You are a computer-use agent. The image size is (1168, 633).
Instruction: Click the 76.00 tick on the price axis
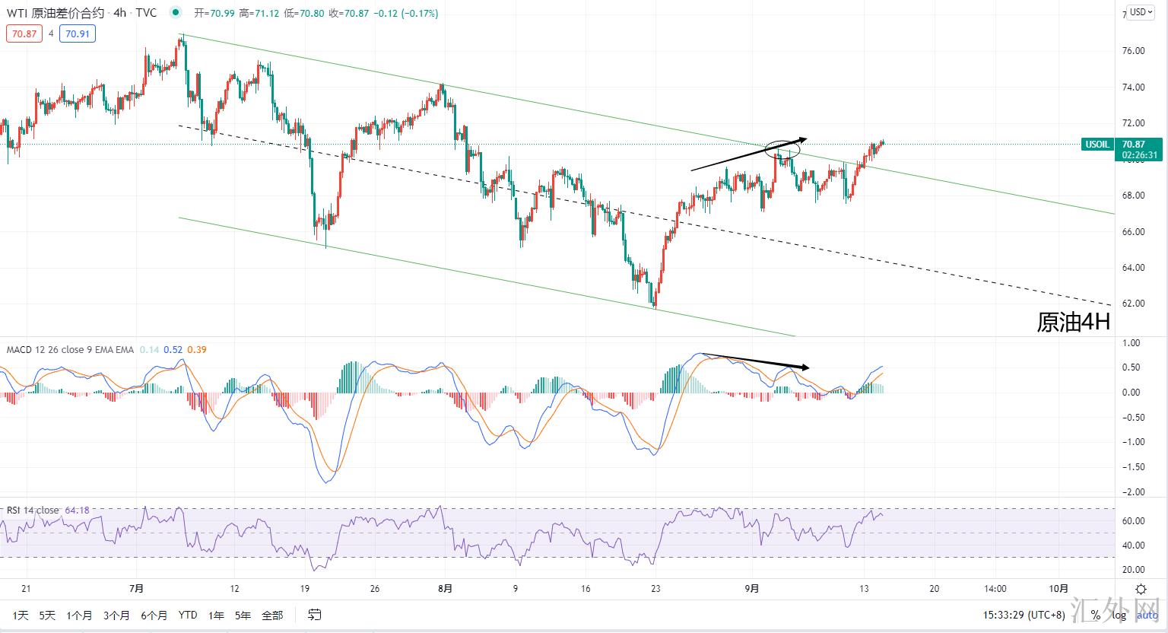[1134, 51]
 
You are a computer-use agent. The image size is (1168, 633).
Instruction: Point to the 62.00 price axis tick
[1134, 304]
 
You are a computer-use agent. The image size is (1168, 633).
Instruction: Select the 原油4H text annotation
[1073, 322]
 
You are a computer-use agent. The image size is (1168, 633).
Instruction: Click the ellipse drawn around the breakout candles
[782, 148]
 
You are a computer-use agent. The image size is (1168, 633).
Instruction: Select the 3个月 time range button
[116, 615]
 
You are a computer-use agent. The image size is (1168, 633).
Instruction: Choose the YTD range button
[188, 615]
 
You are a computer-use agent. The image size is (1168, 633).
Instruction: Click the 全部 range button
[271, 615]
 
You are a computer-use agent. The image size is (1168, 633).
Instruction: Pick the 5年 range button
[243, 615]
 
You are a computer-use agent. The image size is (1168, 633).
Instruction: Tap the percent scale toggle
[1095, 615]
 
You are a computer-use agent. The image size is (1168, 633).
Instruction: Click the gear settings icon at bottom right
[1141, 589]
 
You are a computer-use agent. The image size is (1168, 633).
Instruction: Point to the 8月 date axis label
[446, 589]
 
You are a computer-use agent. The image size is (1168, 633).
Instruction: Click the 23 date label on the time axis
[655, 589]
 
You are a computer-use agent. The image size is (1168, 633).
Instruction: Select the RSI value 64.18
[78, 510]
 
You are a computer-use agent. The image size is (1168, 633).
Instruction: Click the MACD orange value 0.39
[196, 350]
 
